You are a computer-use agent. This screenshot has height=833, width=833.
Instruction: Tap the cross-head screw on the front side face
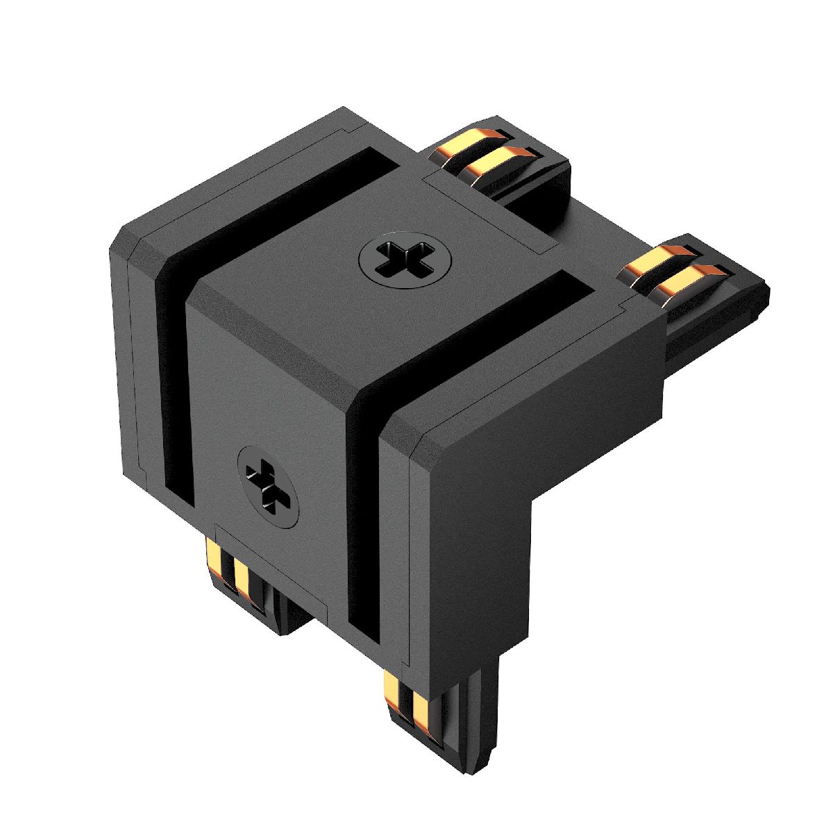[269, 485]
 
